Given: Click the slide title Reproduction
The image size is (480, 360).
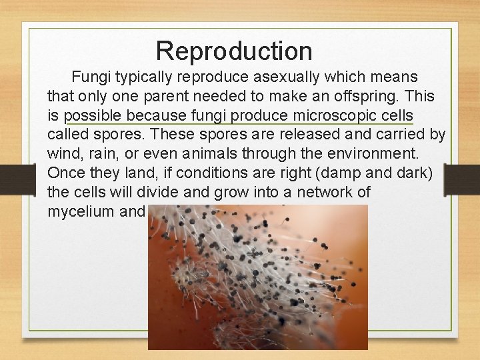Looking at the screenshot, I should (234, 51).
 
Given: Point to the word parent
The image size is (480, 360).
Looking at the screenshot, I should (152, 96).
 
